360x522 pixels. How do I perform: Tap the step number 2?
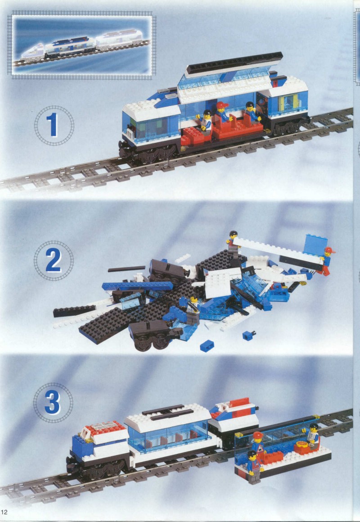click(53, 260)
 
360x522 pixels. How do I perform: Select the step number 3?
click(53, 402)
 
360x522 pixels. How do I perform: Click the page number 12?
click(4, 512)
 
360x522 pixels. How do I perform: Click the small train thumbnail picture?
click(82, 45)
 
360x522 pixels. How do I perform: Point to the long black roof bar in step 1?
click(234, 63)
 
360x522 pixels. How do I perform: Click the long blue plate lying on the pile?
click(137, 286)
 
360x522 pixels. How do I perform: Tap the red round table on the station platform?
click(302, 448)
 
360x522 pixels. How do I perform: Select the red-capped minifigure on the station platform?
click(257, 442)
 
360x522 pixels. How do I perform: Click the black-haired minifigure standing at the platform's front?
click(254, 467)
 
